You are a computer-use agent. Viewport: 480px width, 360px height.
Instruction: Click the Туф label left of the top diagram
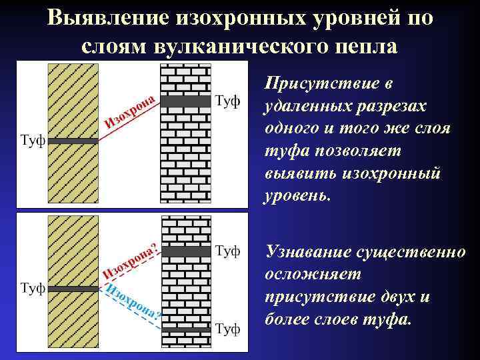pyautogui.click(x=33, y=141)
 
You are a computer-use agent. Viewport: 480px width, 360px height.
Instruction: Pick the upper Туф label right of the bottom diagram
pyautogui.click(x=228, y=251)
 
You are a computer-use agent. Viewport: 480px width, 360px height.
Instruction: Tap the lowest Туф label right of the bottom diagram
pyautogui.click(x=228, y=329)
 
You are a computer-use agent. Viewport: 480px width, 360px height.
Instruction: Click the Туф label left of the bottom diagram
pyautogui.click(x=33, y=289)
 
